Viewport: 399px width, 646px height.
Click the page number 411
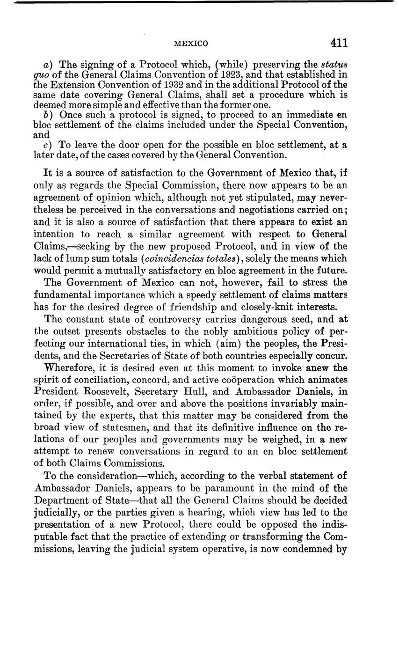click(339, 43)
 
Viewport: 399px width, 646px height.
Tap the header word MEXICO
click(190, 44)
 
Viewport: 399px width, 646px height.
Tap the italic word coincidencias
click(172, 258)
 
